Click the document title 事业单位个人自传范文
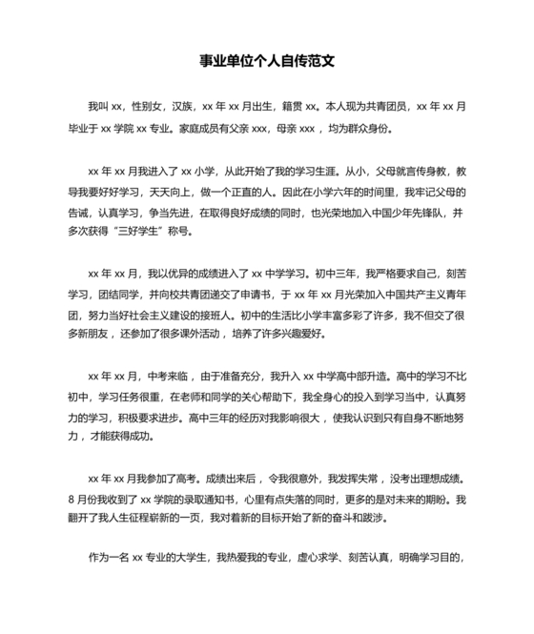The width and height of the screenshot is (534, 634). click(x=267, y=62)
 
